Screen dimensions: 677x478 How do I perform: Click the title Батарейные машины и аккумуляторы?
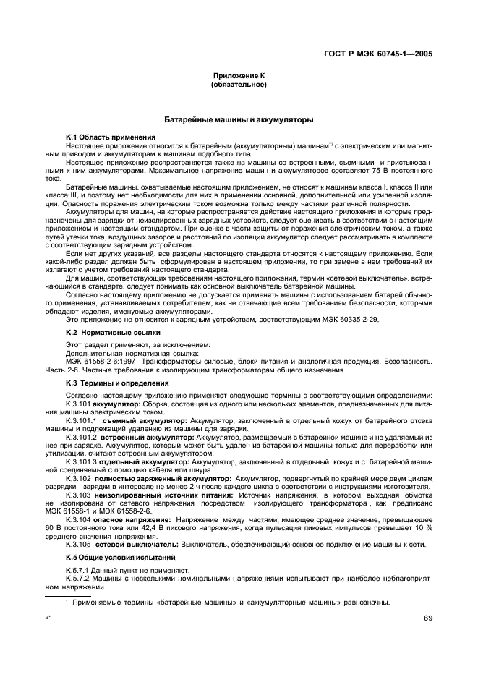click(x=239, y=119)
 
